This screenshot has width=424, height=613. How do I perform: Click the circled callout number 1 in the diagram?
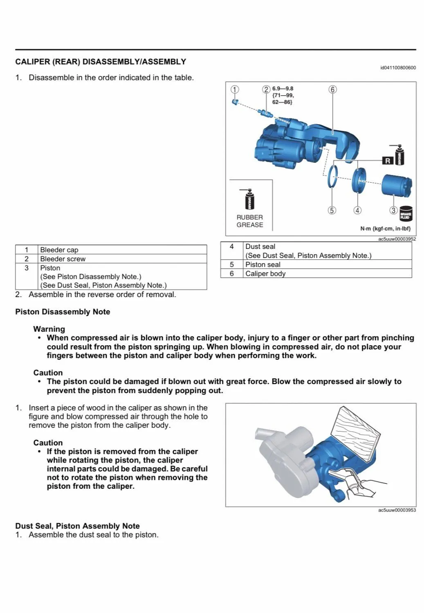pyautogui.click(x=235, y=89)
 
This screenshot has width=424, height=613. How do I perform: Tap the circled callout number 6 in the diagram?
pyautogui.click(x=332, y=89)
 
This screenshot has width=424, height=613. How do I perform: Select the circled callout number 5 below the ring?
pyautogui.click(x=332, y=210)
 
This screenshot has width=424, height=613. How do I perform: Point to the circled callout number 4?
pyautogui.click(x=357, y=210)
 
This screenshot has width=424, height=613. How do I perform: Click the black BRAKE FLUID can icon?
pyautogui.click(x=406, y=214)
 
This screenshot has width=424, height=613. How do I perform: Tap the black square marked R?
pyautogui.click(x=388, y=161)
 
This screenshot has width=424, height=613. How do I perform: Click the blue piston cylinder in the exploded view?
pyautogui.click(x=396, y=185)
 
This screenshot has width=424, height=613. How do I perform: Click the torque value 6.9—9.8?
pyautogui.click(x=283, y=88)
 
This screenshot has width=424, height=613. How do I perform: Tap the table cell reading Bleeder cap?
pyautogui.click(x=59, y=250)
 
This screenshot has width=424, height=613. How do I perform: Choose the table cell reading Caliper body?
pyautogui.click(x=265, y=273)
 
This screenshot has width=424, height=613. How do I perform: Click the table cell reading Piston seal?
pyautogui.click(x=263, y=264)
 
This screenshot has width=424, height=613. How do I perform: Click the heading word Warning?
pyautogui.click(x=49, y=329)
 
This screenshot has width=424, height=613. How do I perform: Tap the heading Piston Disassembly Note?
pyautogui.click(x=63, y=312)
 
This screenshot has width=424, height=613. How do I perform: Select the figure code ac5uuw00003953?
pyautogui.click(x=397, y=510)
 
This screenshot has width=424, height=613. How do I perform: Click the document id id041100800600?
pyautogui.click(x=398, y=68)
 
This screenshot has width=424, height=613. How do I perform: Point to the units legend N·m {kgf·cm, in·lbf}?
pyautogui.click(x=385, y=228)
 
